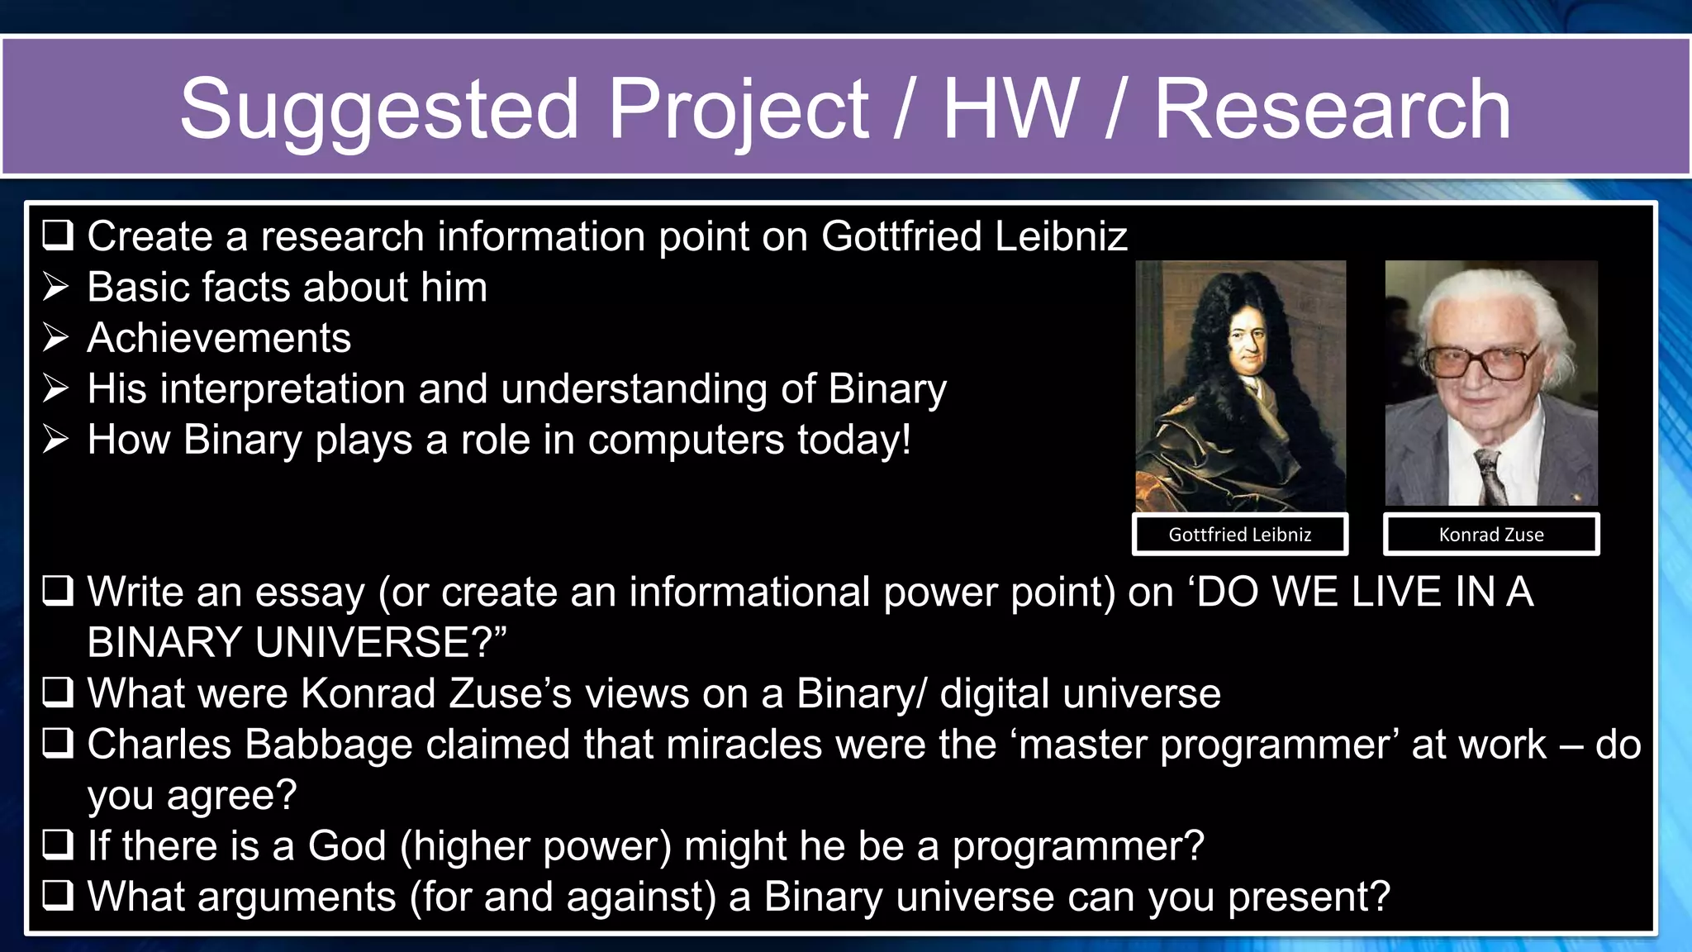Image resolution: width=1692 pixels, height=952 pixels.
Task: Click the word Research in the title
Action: point(1332,109)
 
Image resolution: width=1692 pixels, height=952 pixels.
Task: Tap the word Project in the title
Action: point(738,109)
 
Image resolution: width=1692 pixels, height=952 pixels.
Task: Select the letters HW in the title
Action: point(1010,109)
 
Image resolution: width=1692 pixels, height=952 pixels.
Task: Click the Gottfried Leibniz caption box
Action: point(1239,535)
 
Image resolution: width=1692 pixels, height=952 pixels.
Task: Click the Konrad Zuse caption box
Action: point(1490,535)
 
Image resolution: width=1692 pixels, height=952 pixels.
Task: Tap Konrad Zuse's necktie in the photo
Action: point(1490,478)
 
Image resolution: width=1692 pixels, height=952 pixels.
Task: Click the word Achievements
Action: point(219,338)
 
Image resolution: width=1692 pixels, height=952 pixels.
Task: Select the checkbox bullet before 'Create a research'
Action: point(58,236)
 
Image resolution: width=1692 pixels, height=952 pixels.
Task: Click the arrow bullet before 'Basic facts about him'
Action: point(56,288)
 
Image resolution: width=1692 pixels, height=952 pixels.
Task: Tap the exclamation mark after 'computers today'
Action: point(905,440)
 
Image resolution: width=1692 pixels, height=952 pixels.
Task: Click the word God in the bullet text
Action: point(347,846)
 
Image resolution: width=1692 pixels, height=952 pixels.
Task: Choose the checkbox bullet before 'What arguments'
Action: point(58,897)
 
